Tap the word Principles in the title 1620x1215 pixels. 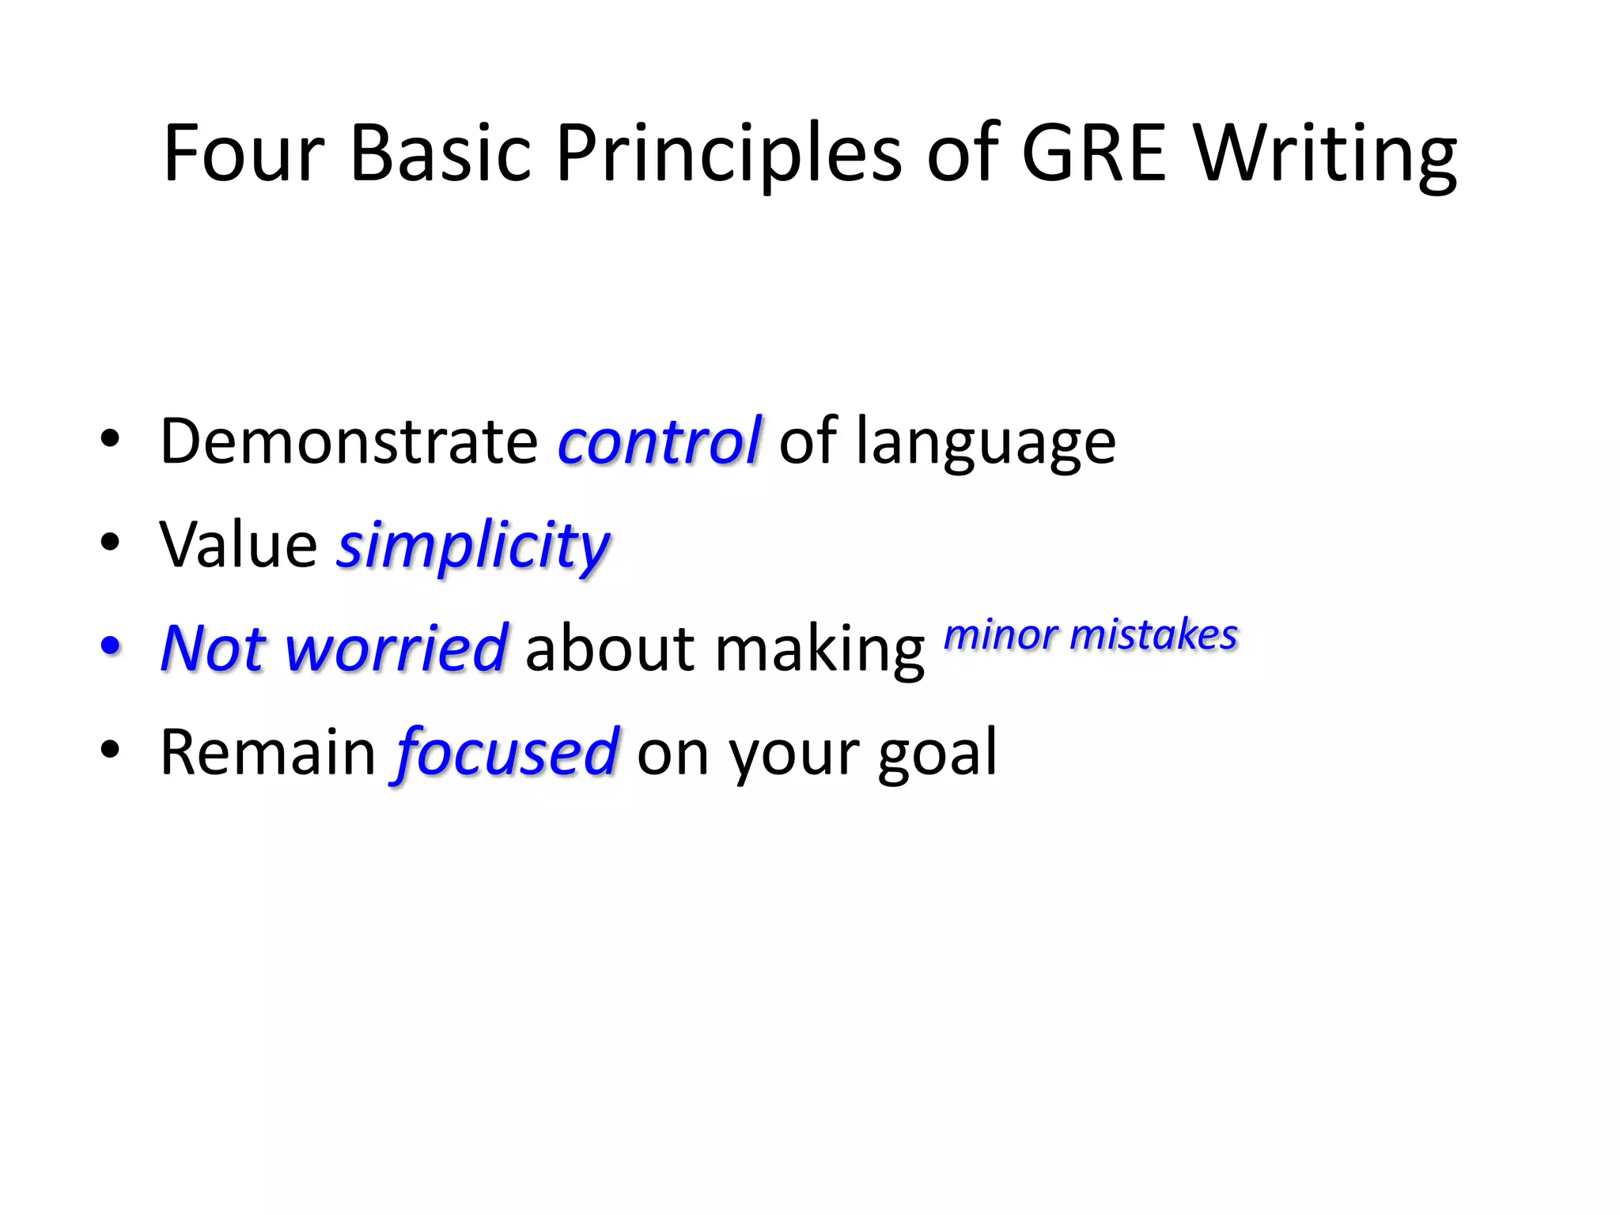[x=728, y=155]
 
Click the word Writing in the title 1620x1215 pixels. [x=1325, y=155]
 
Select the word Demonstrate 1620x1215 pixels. [x=349, y=441]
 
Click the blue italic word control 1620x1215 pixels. [x=659, y=441]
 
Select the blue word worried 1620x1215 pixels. [x=396, y=649]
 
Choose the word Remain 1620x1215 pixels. [x=268, y=751]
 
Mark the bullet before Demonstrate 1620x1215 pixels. [x=111, y=438]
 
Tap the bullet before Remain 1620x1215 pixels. [x=111, y=749]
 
